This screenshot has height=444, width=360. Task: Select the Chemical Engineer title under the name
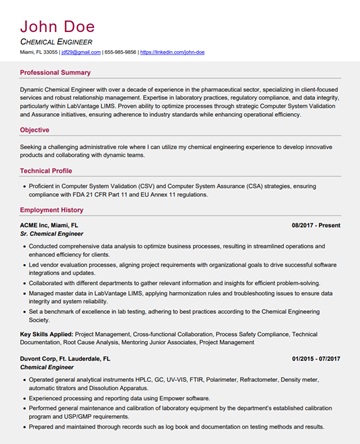pos(59,41)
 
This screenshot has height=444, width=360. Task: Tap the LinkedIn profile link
pos(172,51)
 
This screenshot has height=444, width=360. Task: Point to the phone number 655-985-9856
pos(120,51)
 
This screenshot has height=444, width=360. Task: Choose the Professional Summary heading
pos(55,72)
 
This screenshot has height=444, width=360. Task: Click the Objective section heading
pos(34,129)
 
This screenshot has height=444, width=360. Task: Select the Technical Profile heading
pos(46,170)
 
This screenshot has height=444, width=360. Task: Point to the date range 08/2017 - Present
pos(316,226)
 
